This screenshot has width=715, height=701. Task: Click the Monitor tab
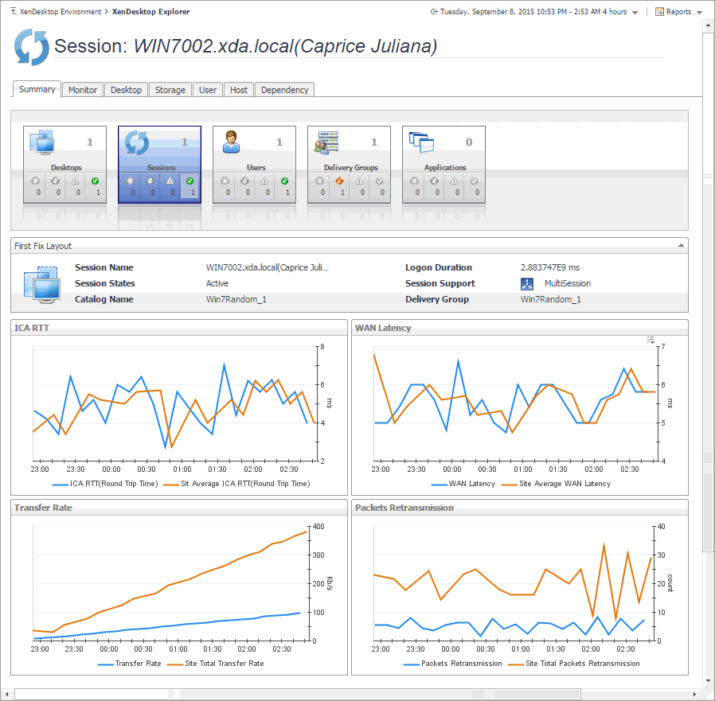click(83, 90)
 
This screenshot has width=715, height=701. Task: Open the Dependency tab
click(284, 90)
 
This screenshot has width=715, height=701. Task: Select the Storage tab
click(170, 90)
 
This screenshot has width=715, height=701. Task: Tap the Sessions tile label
click(161, 168)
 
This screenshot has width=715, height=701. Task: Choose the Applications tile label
click(445, 168)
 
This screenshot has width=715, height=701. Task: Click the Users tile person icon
click(232, 142)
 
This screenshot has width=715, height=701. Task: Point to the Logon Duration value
click(550, 267)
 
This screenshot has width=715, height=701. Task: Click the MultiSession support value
click(567, 283)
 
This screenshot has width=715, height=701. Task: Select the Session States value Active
click(217, 283)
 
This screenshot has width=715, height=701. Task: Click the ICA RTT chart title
click(32, 328)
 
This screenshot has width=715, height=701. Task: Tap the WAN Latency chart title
click(383, 328)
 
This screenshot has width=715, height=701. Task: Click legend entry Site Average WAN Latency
click(565, 483)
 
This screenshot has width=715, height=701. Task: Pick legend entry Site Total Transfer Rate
click(223, 663)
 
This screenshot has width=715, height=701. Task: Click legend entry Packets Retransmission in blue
click(462, 663)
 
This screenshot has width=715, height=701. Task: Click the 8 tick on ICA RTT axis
click(321, 347)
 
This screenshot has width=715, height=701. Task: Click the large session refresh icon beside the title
click(32, 47)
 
